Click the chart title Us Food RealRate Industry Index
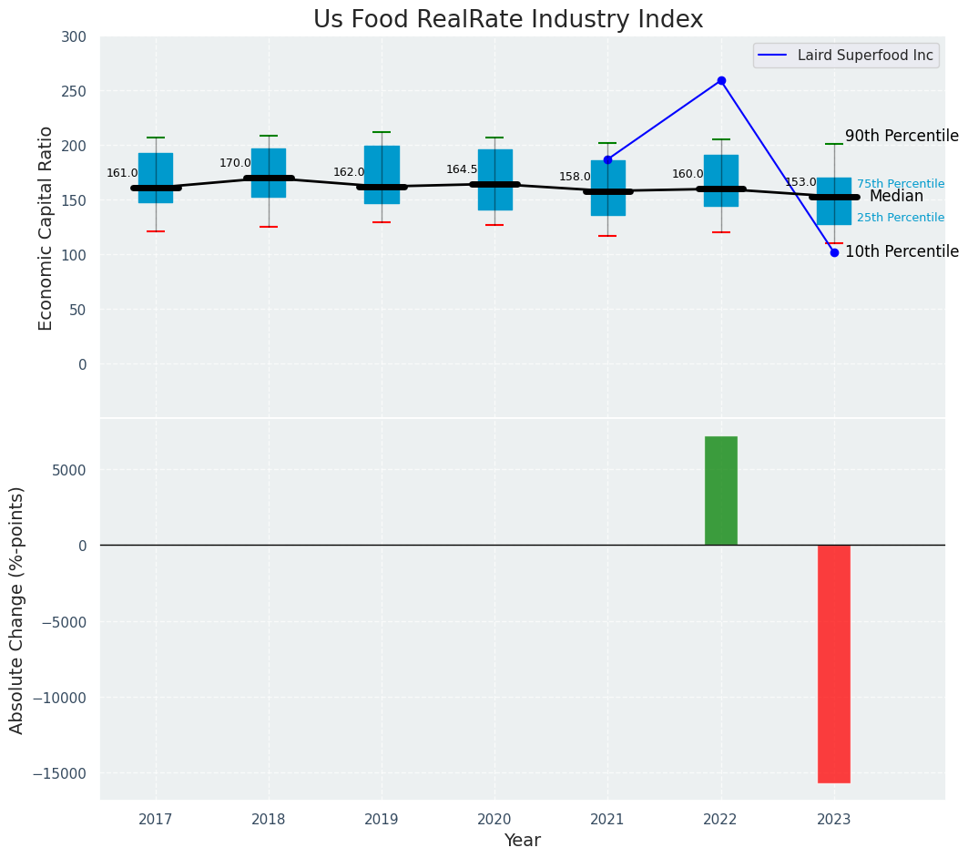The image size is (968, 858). coord(508,20)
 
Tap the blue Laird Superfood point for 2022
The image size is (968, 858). coord(721,80)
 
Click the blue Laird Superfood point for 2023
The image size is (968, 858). coord(834,252)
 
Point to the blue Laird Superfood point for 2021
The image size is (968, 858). coord(607,159)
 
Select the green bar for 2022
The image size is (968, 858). coord(720,491)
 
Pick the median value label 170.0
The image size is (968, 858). coord(235,163)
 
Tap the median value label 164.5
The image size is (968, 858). coord(462,169)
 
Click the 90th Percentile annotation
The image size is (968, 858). coord(902,136)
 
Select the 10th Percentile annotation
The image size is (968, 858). coord(902,251)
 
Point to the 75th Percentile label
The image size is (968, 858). coord(900,184)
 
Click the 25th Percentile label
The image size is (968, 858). coord(900,218)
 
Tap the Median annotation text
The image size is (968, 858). coord(896,196)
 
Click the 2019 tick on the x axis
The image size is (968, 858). coord(382,820)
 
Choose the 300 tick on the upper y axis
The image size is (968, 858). coord(74,37)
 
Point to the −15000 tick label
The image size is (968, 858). coord(62,773)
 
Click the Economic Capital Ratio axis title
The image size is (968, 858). coord(46,228)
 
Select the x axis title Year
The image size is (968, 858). coord(523,841)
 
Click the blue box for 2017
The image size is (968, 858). coord(156,178)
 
